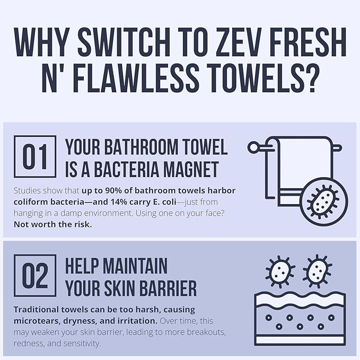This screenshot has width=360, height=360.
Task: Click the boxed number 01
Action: [35, 157]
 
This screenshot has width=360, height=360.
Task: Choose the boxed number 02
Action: [35, 276]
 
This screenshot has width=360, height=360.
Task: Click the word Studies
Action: [27, 190]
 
